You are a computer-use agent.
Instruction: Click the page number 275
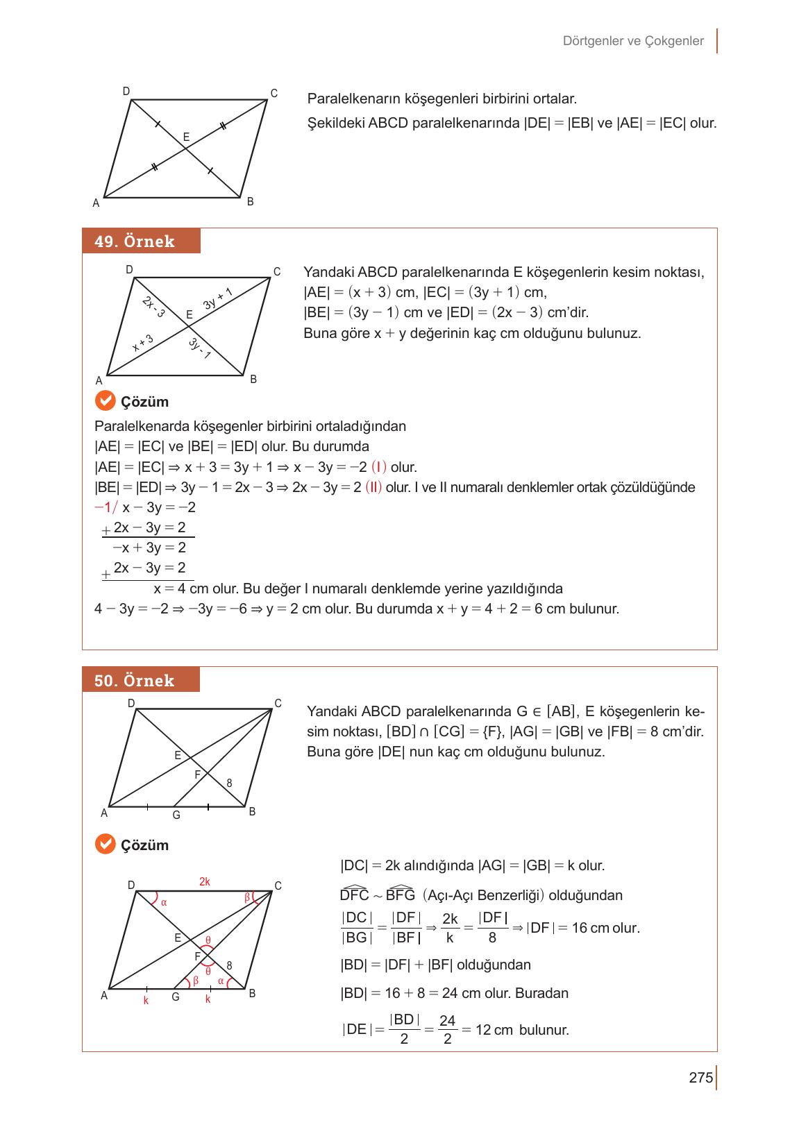pyautogui.click(x=701, y=1078)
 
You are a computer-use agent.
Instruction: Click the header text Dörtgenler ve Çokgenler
pyautogui.click(x=633, y=41)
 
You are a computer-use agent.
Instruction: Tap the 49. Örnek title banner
pyautogui.click(x=141, y=241)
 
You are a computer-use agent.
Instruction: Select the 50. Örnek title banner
pyautogui.click(x=141, y=680)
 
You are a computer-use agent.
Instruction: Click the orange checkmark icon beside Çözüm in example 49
pyautogui.click(x=104, y=401)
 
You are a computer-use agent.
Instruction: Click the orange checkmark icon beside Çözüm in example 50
pyautogui.click(x=104, y=845)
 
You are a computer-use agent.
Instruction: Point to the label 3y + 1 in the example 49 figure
pyautogui.click(x=217, y=299)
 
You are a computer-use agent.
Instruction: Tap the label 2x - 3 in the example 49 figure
pyautogui.click(x=153, y=307)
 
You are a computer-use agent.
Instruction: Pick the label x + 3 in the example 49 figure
pyautogui.click(x=142, y=343)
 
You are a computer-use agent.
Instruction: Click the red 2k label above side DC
pyautogui.click(x=204, y=882)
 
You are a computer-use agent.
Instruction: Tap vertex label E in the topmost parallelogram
pyautogui.click(x=186, y=137)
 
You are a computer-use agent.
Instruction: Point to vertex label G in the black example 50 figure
pyautogui.click(x=176, y=815)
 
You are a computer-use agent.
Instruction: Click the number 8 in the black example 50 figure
pyautogui.click(x=229, y=783)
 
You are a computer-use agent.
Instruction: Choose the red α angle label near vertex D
pyautogui.click(x=164, y=903)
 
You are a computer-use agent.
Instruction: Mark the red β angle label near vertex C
pyautogui.click(x=247, y=897)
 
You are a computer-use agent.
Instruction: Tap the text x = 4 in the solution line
pyautogui.click(x=169, y=589)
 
